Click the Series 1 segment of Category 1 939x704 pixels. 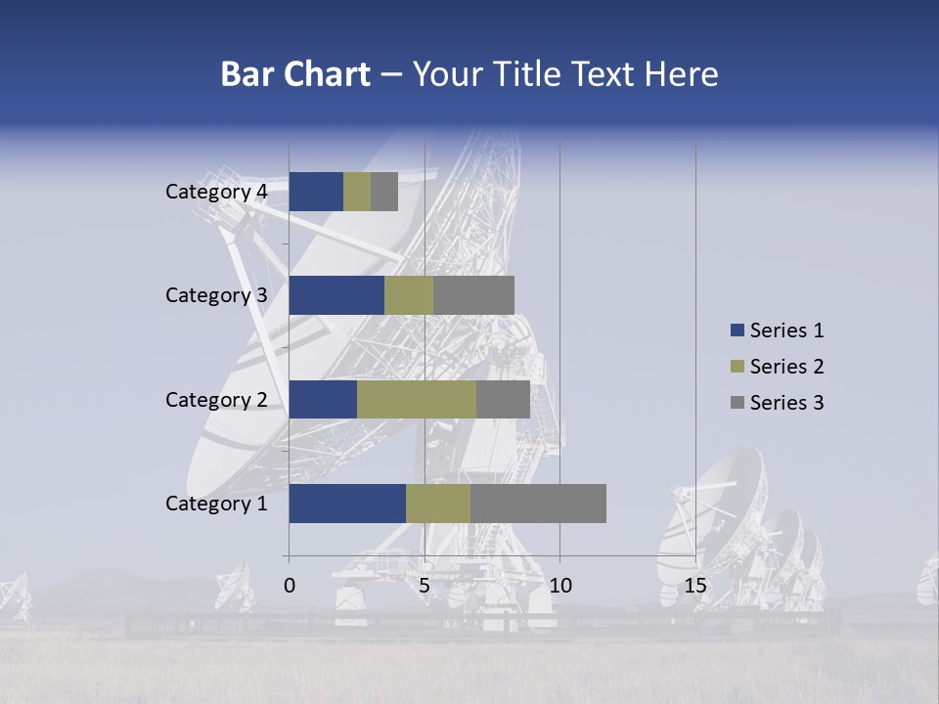click(x=347, y=504)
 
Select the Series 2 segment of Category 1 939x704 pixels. click(x=438, y=504)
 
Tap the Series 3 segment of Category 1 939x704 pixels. click(x=538, y=504)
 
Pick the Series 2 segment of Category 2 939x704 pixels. click(x=417, y=399)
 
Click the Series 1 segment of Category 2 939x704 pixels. click(x=323, y=399)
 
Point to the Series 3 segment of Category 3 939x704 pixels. click(x=473, y=295)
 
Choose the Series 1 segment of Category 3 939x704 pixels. click(x=336, y=295)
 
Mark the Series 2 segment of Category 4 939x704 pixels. click(x=357, y=192)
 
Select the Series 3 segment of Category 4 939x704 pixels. click(x=384, y=192)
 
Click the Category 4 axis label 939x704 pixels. click(x=216, y=192)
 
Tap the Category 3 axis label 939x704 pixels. click(x=216, y=295)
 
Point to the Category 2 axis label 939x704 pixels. click(x=216, y=399)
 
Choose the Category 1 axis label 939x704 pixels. click(x=216, y=504)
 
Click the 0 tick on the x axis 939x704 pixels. click(x=290, y=586)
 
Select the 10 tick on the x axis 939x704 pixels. click(x=559, y=586)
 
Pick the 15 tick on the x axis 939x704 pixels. click(x=695, y=586)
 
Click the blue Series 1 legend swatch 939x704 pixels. click(x=737, y=330)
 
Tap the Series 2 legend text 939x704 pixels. click(x=786, y=367)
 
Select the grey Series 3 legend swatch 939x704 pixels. click(x=737, y=403)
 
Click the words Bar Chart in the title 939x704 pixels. click(x=295, y=74)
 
